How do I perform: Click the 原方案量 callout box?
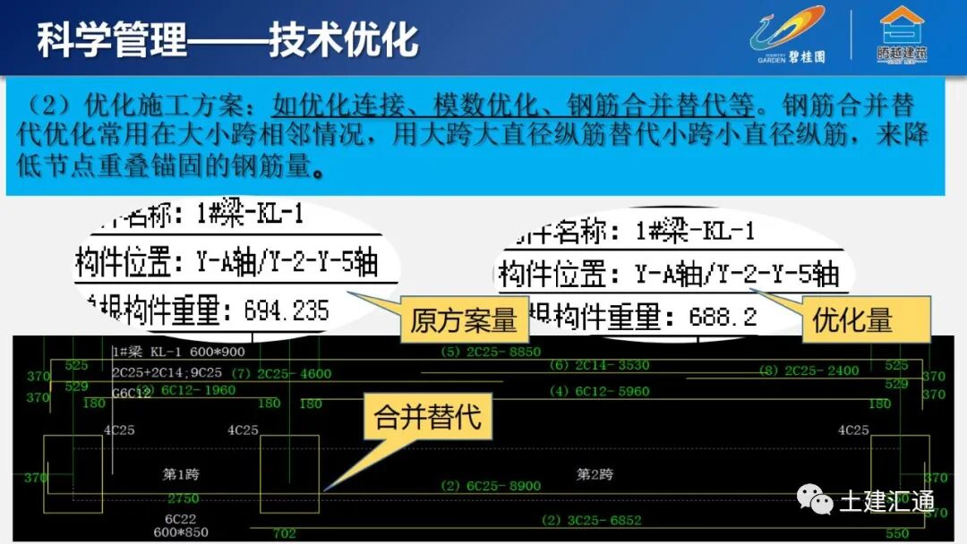pyautogui.click(x=463, y=320)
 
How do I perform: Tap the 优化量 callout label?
pyautogui.click(x=852, y=320)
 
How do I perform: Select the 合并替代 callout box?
pyautogui.click(x=427, y=418)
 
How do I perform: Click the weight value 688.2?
pyautogui.click(x=723, y=317)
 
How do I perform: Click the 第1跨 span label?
pyautogui.click(x=182, y=473)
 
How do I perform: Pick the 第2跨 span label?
pyautogui.click(x=595, y=473)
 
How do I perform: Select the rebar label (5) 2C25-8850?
pyautogui.click(x=492, y=352)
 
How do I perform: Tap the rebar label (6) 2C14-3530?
pyautogui.click(x=599, y=365)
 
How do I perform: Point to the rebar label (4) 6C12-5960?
pyautogui.click(x=599, y=391)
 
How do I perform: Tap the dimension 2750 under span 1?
pyautogui.click(x=183, y=498)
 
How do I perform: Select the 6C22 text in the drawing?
pyautogui.click(x=180, y=518)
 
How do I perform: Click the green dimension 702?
pyautogui.click(x=284, y=534)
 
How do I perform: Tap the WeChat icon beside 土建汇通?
pyautogui.click(x=816, y=500)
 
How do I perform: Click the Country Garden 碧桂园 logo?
pyautogui.click(x=788, y=36)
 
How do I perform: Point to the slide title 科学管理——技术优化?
pyautogui.click(x=227, y=41)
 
